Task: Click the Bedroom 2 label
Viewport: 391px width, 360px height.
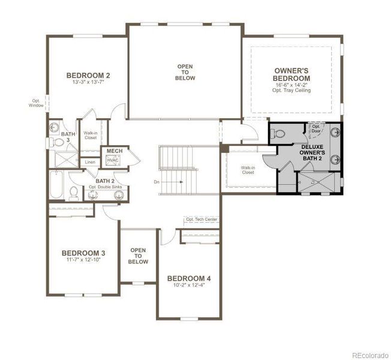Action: (88, 76)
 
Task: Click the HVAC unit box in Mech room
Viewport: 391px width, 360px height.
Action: (113, 160)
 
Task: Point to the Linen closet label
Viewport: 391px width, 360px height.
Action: (90, 162)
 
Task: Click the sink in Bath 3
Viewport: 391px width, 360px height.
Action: (55, 127)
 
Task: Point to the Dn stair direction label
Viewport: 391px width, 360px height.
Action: (157, 181)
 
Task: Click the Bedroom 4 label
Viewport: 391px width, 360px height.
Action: (189, 278)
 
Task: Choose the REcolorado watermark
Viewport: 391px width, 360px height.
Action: (369, 353)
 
